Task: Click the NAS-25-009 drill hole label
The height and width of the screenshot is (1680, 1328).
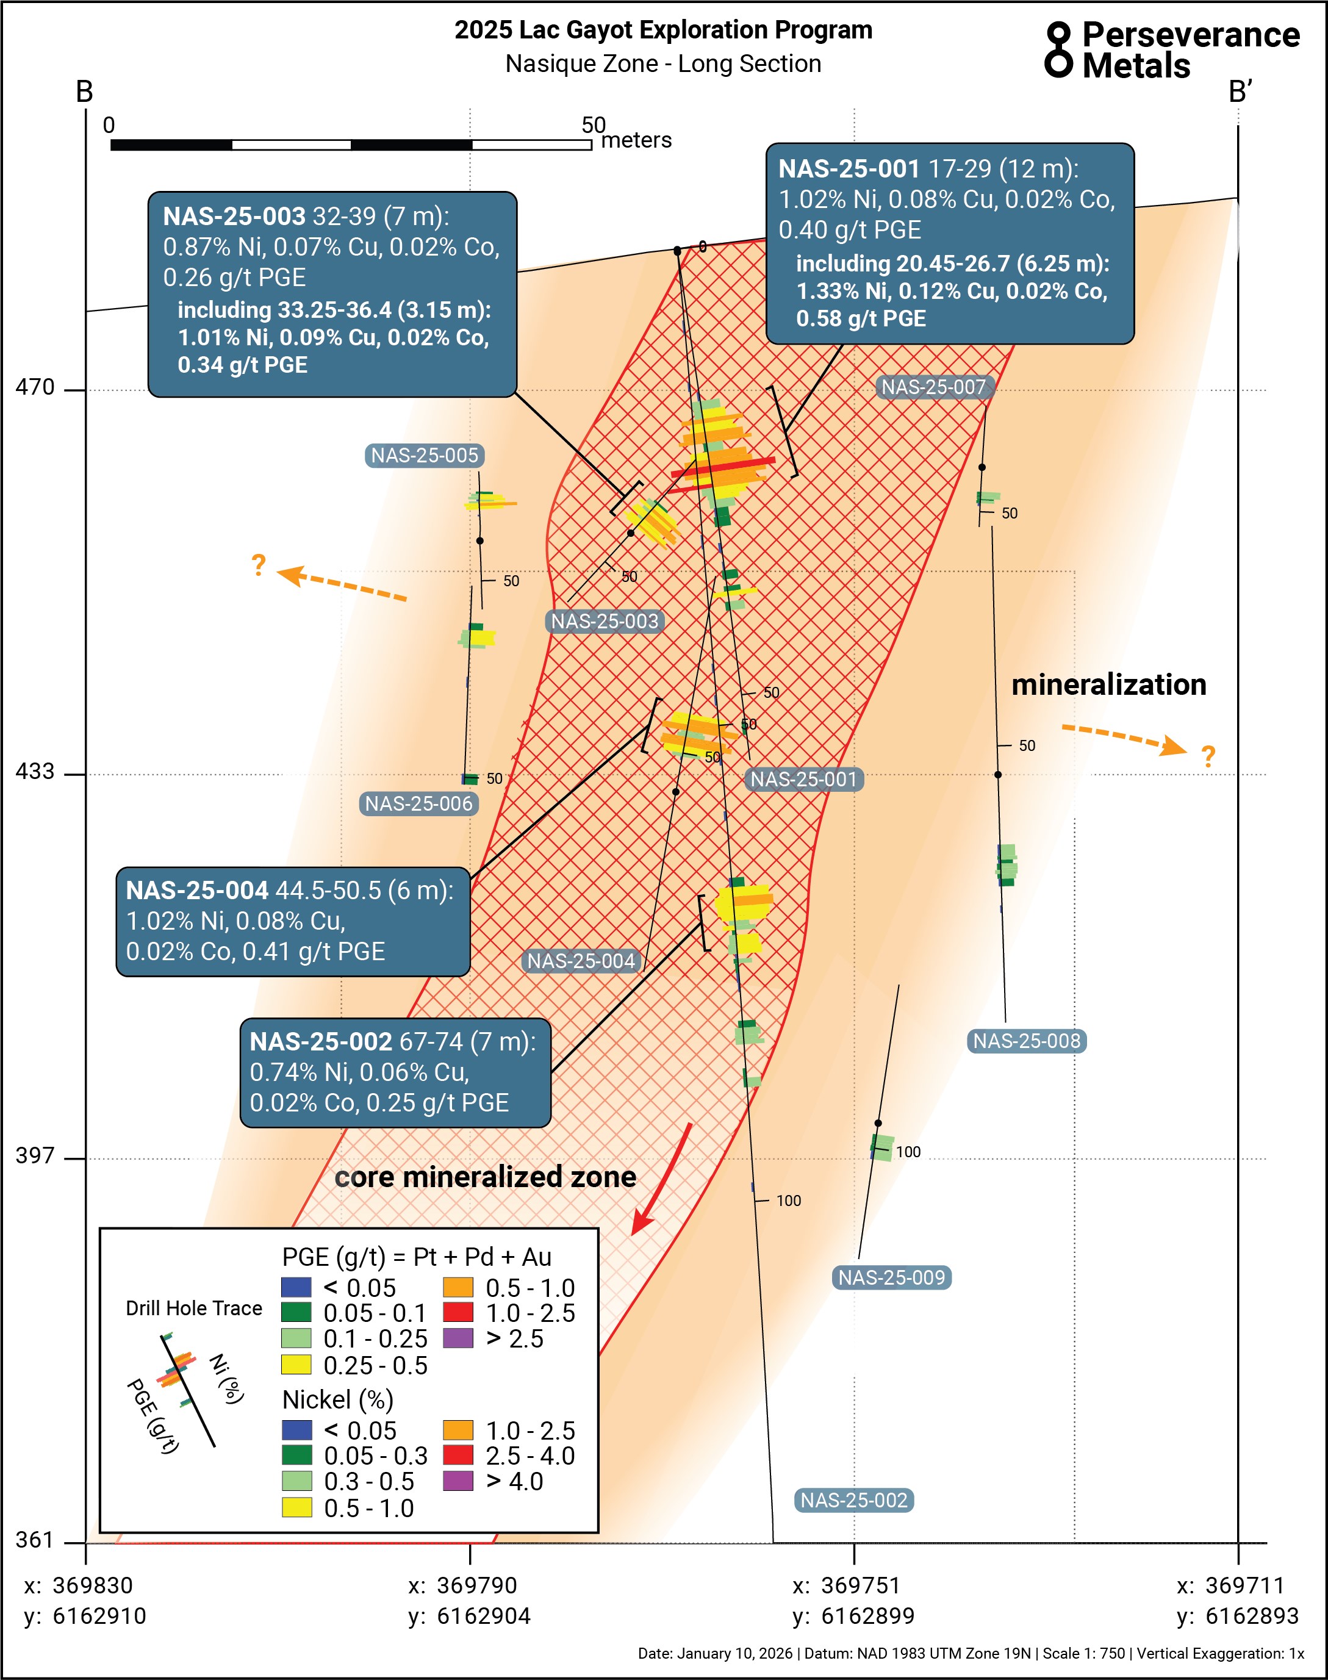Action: [891, 1277]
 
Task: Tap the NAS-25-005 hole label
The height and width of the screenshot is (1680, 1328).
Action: [425, 456]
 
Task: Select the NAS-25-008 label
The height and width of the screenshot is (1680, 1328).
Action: [1026, 1041]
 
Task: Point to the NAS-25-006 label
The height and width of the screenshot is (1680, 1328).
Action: [419, 804]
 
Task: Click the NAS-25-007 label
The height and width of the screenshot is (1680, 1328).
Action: [933, 387]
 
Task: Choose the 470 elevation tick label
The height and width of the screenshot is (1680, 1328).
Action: [35, 387]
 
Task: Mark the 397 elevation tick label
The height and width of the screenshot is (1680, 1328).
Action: [35, 1156]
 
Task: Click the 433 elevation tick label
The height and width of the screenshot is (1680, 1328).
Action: [35, 771]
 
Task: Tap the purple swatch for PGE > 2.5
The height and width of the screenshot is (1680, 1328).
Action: [458, 1338]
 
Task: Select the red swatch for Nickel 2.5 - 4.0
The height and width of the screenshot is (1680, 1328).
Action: [458, 1456]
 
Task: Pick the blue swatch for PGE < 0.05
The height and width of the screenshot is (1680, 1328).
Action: [296, 1287]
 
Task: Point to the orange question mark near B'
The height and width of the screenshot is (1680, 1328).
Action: [1207, 756]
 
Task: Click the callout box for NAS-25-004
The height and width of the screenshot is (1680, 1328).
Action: [293, 921]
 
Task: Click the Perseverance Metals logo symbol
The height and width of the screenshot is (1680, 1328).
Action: [1058, 50]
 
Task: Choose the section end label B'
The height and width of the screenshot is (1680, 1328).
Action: [1240, 92]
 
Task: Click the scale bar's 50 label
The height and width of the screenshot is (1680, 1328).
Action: [594, 125]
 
